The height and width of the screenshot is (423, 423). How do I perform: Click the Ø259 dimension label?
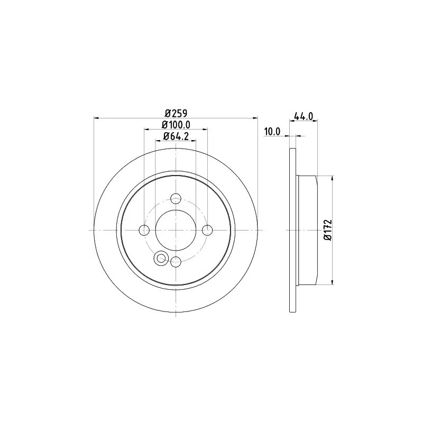click(176, 113)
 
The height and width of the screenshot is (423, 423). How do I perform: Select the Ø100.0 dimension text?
click(176, 125)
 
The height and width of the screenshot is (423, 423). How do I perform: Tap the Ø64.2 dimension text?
click(176, 136)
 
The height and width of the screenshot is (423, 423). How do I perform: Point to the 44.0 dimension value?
click(304, 116)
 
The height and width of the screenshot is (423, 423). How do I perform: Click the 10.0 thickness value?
click(272, 132)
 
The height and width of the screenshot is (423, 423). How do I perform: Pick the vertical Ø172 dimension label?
click(327, 230)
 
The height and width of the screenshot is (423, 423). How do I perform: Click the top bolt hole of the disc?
click(176, 199)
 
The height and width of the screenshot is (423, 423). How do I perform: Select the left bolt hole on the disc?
click(144, 230)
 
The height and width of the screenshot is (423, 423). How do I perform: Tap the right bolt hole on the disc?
click(207, 230)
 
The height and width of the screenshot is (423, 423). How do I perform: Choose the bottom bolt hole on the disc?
click(176, 261)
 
